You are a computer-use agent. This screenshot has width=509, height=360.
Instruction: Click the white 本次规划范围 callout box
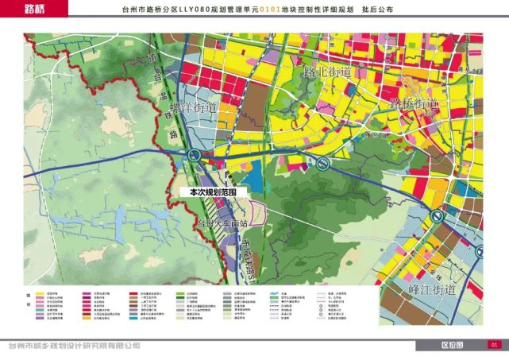coord(210,192)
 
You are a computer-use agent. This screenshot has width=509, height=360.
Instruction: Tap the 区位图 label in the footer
coord(452,345)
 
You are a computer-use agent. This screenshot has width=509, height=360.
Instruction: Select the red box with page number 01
coord(492,345)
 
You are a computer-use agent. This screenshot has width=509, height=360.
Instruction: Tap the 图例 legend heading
coord(27,300)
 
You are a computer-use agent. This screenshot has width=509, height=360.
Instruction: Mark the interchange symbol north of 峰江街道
coord(435,216)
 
